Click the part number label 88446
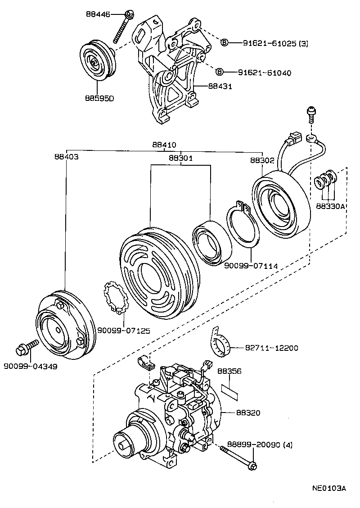pyautogui.click(x=98, y=14)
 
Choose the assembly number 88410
pyautogui.click(x=164, y=145)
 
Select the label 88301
pyautogui.click(x=181, y=158)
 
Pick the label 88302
pyautogui.click(x=262, y=160)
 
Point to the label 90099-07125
pyautogui.click(x=123, y=331)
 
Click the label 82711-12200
pyautogui.click(x=271, y=348)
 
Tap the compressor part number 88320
pyautogui.click(x=247, y=413)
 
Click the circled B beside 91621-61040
pyautogui.click(x=219, y=72)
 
